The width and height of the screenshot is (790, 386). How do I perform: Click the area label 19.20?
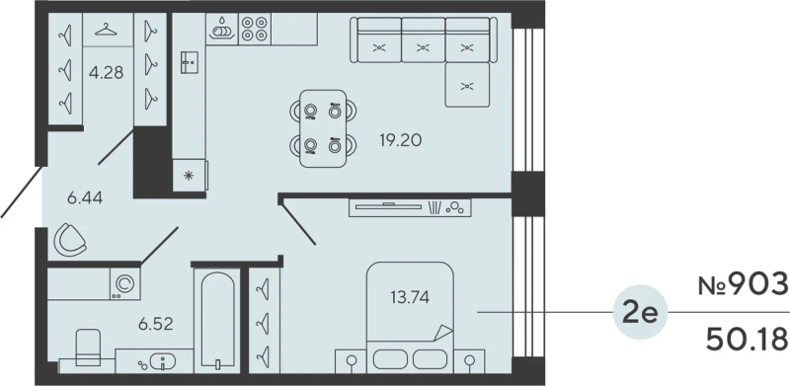coord(401,140)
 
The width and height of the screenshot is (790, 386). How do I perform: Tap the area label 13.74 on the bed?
coord(410,298)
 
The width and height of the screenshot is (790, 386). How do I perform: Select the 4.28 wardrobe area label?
coord(106,73)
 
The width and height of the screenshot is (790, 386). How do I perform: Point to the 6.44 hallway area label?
coord(85,198)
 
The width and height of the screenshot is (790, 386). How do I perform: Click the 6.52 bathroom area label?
coord(156,324)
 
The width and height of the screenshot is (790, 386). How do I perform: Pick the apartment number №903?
coord(743,285)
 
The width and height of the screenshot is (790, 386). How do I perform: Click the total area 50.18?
coord(747,340)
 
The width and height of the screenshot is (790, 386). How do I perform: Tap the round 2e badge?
coord(640,312)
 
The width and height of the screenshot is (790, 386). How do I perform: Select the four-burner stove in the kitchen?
coord(255,29)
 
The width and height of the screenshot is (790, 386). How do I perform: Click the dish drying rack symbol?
coord(222,29)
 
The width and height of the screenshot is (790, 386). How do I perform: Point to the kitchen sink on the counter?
coord(190,62)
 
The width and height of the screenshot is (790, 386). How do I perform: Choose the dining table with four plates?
coord(323,128)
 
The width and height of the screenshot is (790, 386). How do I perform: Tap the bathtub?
coord(217,321)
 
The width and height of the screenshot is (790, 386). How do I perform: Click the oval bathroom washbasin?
coord(163,361)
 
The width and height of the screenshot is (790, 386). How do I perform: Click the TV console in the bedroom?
coord(410,207)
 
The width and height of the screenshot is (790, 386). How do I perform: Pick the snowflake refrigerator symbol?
coord(189,176)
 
